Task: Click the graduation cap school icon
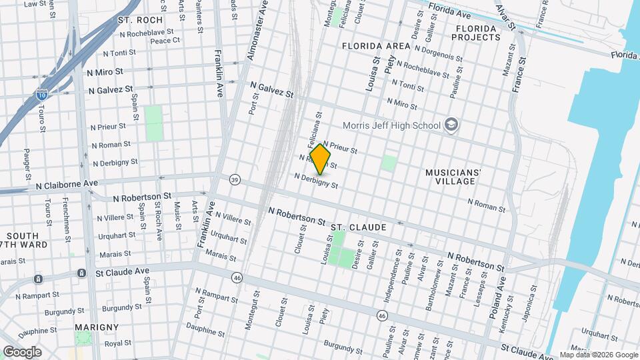451,125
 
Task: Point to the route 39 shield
234,179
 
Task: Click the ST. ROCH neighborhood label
140,20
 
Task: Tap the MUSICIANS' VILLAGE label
453,177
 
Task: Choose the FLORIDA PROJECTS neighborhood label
476,33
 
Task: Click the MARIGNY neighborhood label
97,327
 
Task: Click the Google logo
22,352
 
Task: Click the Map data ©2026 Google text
598,355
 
